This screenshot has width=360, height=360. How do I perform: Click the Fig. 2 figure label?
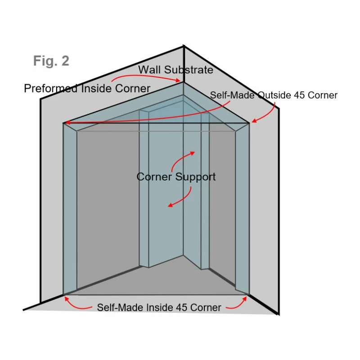51,61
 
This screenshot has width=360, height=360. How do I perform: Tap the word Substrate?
189,70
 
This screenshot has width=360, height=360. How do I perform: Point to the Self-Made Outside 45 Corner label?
274,95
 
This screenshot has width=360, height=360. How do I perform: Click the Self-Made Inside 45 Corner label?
159,308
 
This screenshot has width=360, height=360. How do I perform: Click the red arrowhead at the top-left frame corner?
67,122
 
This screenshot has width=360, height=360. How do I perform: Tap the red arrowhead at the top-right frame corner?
255,120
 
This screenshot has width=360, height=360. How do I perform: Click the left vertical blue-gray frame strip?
70,207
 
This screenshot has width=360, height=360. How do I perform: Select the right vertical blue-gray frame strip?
242,207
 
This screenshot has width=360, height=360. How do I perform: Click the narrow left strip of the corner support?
144,189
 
